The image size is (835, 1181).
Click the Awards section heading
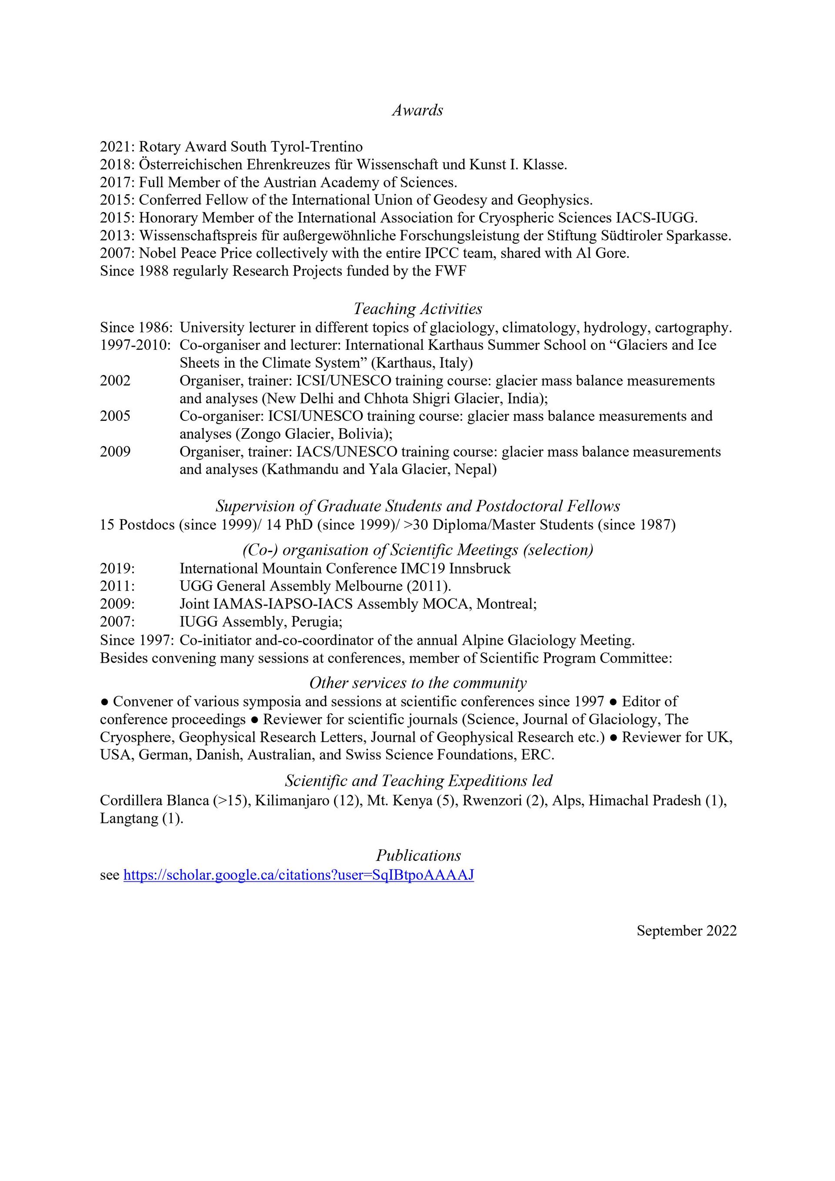[417, 110]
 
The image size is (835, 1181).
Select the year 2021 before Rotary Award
[117, 147]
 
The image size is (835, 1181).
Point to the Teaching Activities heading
[417, 309]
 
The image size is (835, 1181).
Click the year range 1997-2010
[135, 345]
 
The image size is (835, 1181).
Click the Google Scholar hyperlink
[298, 875]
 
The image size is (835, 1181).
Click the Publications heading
[418, 856]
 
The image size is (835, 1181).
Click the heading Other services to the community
[417, 683]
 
